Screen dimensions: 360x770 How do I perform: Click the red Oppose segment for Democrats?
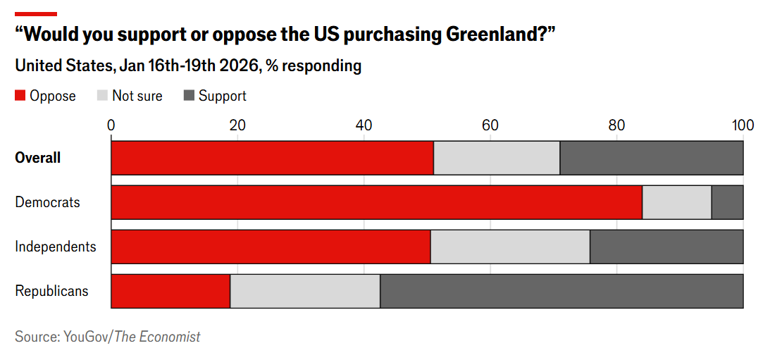click(x=376, y=202)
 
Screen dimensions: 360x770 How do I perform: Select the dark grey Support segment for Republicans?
click(x=561, y=291)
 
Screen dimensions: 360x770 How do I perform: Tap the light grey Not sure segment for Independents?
click(x=510, y=247)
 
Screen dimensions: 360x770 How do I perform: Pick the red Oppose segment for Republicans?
click(x=170, y=291)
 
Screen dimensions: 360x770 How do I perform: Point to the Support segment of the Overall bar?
click(x=651, y=158)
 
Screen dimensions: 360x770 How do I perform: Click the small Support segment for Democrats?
click(x=727, y=202)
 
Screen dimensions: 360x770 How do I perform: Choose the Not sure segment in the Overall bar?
click(x=497, y=158)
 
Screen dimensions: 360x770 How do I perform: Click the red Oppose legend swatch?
click(x=20, y=96)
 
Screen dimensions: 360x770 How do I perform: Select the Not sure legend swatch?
click(x=102, y=96)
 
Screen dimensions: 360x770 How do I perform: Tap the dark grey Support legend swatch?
click(x=188, y=96)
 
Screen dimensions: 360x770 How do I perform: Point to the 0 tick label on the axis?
click(x=111, y=125)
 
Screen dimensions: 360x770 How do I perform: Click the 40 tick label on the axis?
click(x=364, y=125)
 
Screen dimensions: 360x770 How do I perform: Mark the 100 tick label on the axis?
click(x=743, y=125)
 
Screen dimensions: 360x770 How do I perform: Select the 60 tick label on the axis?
click(x=490, y=125)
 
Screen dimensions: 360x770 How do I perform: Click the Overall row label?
click(x=38, y=158)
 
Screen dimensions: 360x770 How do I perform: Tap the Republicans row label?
click(x=52, y=291)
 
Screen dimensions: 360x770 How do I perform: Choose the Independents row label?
click(x=56, y=247)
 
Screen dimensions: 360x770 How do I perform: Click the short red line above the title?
click(x=36, y=13)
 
